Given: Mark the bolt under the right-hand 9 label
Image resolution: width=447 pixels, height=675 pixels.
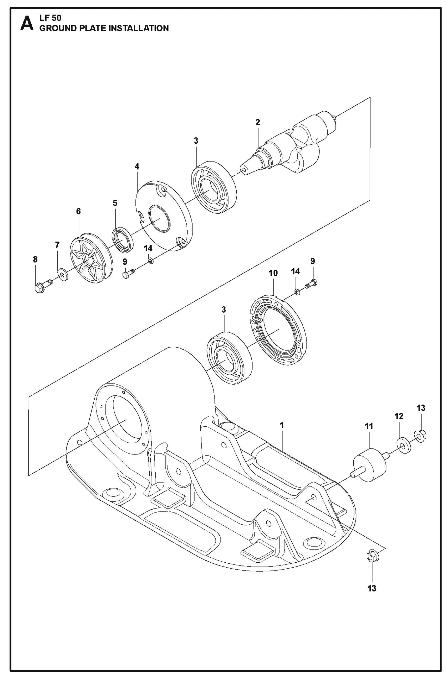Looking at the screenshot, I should (x=311, y=284).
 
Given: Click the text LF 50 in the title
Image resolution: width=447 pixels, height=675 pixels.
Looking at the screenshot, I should (x=50, y=18).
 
